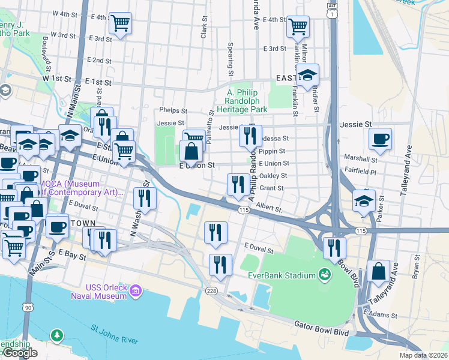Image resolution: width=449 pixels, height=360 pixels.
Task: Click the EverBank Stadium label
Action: point(282,275)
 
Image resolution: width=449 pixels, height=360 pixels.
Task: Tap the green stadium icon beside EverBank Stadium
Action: point(325,274)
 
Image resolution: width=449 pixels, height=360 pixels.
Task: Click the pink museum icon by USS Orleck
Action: point(136,291)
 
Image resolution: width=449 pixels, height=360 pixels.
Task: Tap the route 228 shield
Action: point(211,291)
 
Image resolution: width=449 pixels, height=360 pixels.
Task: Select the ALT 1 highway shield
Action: point(332,9)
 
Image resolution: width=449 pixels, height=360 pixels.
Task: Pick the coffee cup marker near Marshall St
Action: point(380,139)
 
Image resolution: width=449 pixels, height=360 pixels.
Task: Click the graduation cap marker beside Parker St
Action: point(364,201)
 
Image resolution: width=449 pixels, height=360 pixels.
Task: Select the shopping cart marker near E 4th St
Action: point(298,26)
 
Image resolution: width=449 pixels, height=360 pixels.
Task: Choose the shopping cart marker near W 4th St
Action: point(121,23)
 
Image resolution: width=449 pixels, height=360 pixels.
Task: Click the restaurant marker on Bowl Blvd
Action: point(334,247)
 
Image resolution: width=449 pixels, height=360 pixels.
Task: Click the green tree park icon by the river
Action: point(56,334)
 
